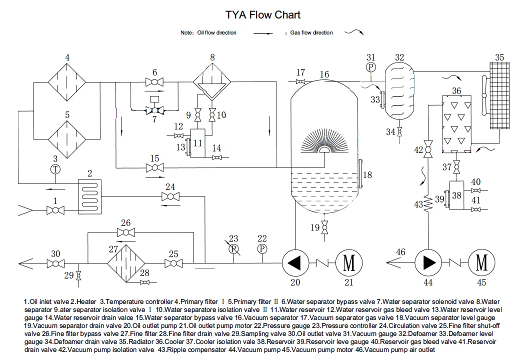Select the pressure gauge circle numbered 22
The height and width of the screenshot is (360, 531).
(262, 248)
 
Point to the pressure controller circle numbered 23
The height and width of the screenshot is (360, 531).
(233, 248)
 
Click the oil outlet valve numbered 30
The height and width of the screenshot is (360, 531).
(56, 263)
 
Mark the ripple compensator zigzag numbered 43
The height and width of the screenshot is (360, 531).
(428, 204)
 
